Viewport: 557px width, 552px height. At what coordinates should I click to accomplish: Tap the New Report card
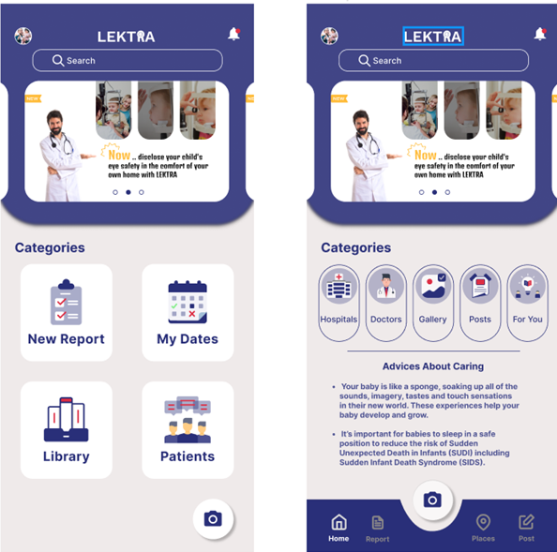point(66,313)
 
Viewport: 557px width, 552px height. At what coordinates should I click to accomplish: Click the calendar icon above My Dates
point(187,301)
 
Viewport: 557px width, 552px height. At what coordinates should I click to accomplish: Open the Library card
point(66,430)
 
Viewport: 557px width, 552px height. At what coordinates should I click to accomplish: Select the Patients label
point(188,456)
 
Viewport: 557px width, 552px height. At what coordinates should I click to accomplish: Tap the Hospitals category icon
point(339,286)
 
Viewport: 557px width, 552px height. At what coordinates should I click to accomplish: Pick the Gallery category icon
point(432,286)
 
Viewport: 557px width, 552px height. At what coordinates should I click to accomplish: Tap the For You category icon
point(527,286)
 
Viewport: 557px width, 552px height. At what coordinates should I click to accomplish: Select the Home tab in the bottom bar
point(339,528)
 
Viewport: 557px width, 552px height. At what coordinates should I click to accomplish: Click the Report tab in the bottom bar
point(377,528)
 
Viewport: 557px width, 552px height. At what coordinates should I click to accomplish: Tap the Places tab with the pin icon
point(483,528)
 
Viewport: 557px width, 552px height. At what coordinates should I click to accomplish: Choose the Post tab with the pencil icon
point(527,528)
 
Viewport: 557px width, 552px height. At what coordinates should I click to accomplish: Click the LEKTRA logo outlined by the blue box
point(432,37)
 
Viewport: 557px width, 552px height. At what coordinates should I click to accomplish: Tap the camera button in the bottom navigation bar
point(432,500)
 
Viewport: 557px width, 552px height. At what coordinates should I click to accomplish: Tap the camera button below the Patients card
point(213,518)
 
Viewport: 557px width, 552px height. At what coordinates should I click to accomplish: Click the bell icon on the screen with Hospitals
point(540,34)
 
